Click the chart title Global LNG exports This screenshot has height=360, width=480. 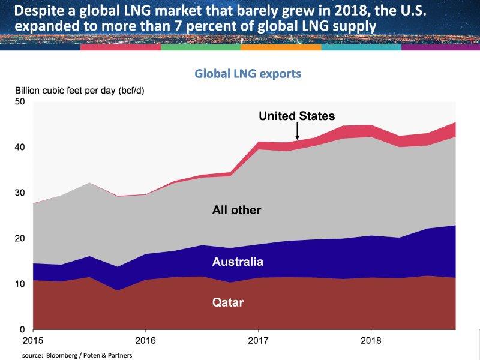pos(248,74)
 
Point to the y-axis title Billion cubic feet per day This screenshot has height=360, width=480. pos(80,91)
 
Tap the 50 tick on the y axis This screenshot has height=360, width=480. pos(20,101)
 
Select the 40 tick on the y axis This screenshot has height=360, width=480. pos(20,147)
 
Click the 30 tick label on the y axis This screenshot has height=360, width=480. pos(20,193)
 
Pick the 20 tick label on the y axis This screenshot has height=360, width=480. pos(20,238)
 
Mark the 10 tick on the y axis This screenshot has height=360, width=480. pos(20,284)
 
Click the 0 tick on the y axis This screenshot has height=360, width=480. pos(23,329)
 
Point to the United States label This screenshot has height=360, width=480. pos(296,116)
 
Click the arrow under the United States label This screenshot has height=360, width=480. pos(297,131)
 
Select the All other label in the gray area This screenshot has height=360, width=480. pos(236,210)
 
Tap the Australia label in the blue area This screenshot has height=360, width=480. pos(238,262)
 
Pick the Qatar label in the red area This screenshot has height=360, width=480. pos(229,302)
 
